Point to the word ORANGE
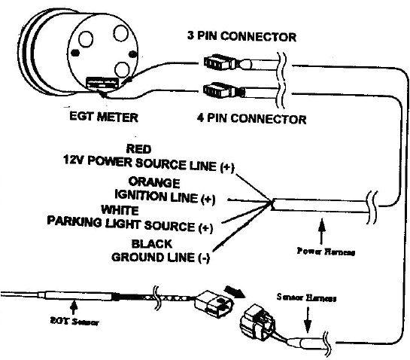click(154, 182)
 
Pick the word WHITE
click(118, 210)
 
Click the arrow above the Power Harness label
click(323, 227)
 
